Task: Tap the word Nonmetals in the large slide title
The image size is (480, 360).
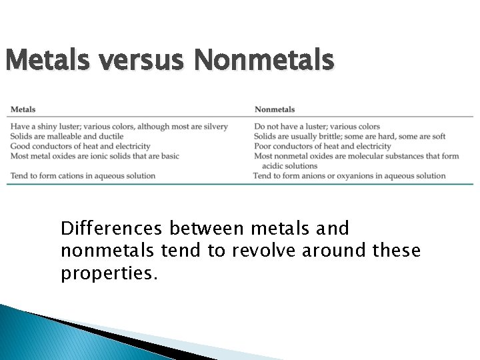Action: tap(264, 61)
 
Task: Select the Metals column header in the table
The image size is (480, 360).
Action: tap(23, 109)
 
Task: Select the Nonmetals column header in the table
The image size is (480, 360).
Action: tap(275, 109)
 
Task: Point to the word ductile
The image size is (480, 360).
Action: tap(111, 137)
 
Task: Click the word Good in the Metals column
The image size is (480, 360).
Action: tap(20, 147)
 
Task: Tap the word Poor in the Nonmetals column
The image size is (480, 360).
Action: tap(263, 147)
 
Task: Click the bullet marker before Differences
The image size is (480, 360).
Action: tap(49, 229)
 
